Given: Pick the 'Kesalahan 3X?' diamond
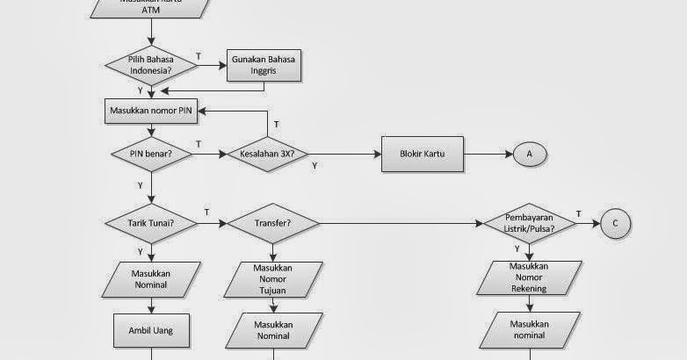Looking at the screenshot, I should tap(267, 154).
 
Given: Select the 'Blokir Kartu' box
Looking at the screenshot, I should tap(422, 154).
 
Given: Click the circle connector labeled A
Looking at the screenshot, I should tap(530, 154).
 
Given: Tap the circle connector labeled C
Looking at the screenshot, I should tap(615, 224).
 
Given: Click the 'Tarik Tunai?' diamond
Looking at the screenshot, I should tap(152, 223).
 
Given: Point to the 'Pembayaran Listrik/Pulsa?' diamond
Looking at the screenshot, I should tap(529, 223).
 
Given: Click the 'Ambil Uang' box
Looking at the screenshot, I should tap(151, 331).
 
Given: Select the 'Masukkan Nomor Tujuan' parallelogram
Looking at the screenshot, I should tap(273, 279).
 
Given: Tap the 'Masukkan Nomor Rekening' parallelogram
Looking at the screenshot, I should tap(530, 277).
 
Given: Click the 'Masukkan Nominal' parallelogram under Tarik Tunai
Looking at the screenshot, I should tap(151, 278).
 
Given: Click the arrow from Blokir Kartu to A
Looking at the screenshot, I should tap(488, 154).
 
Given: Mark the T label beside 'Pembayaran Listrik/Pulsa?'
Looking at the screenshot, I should tap(579, 213).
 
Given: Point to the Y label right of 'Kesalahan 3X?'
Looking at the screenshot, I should tap(315, 164).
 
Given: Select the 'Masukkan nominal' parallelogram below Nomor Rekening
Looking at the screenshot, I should tap(530, 329).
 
